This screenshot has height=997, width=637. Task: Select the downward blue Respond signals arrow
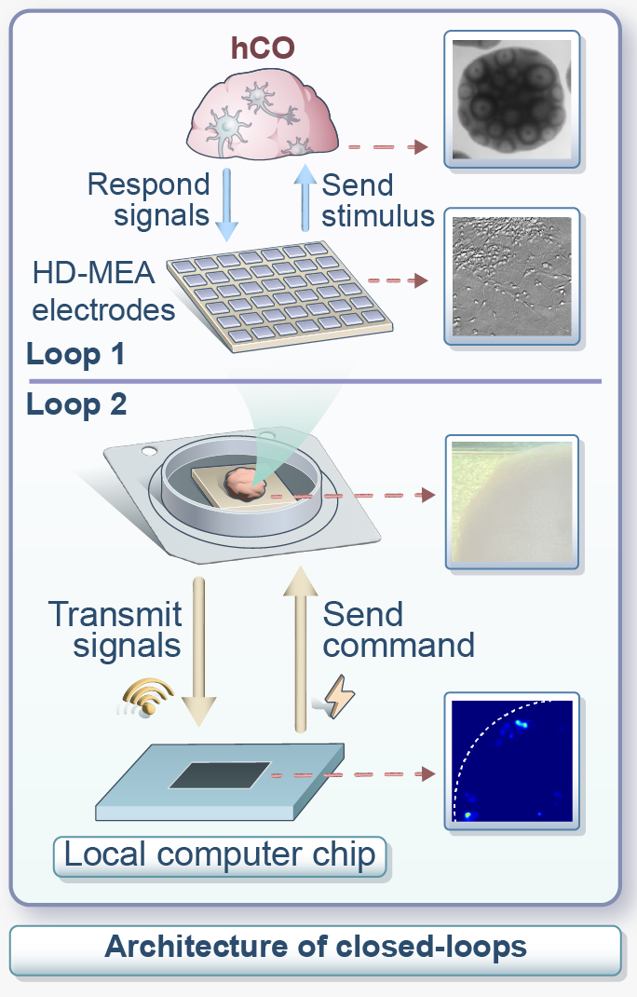(x=227, y=202)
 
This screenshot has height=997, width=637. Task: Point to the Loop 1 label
(x=77, y=355)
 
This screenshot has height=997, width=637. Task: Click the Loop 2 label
(x=77, y=406)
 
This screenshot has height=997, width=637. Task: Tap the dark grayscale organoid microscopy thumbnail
(x=511, y=98)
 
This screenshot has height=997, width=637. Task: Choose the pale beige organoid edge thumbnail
(x=511, y=502)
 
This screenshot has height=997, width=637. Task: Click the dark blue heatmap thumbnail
(x=511, y=760)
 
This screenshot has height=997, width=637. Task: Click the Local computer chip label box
(x=222, y=854)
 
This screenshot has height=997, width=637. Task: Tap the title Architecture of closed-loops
(x=316, y=948)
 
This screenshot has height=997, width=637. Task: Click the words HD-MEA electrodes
(x=103, y=291)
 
